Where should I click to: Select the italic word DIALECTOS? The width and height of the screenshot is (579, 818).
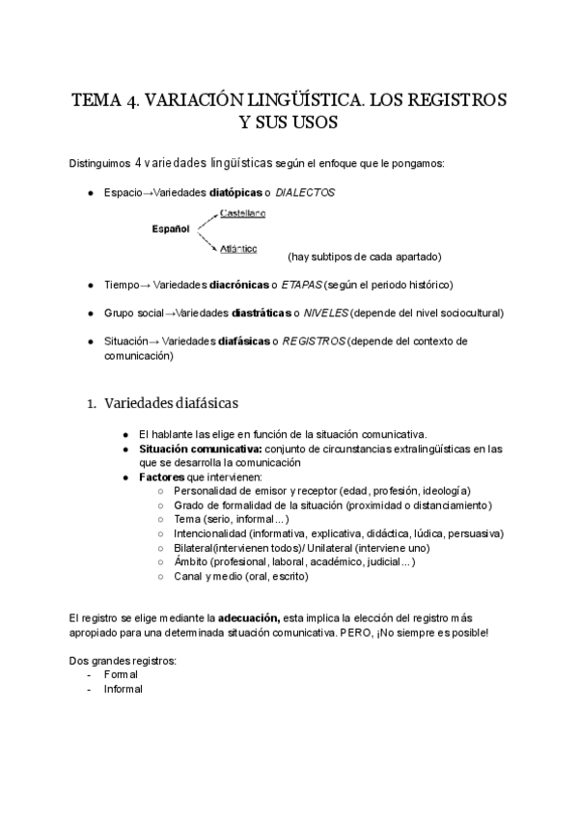pos(305,193)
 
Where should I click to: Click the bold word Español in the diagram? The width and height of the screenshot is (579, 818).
pos(171,230)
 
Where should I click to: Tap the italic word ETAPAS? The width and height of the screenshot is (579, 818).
pos(301,285)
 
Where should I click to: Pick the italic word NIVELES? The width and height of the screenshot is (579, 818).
pos(326,314)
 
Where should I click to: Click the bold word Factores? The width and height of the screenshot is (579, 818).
pos(162,477)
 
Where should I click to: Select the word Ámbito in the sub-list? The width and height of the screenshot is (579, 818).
pos(191,561)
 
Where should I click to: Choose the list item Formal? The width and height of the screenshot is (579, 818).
pos(122,675)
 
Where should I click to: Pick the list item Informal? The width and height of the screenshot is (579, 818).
pos(124,690)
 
